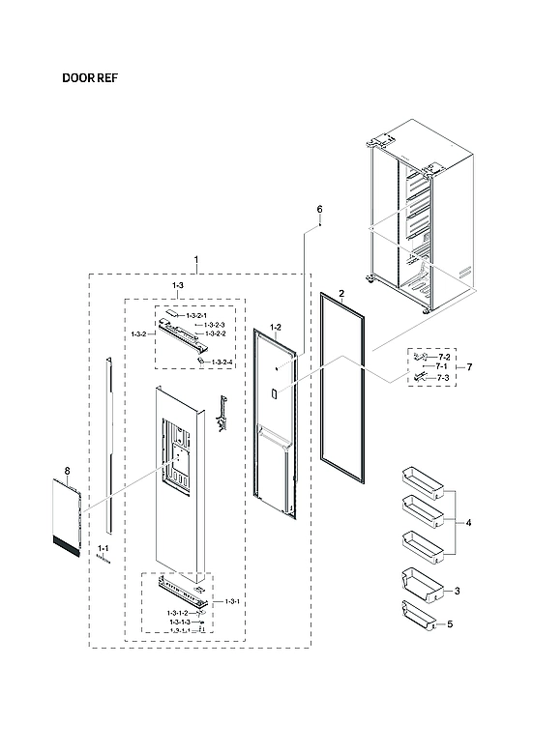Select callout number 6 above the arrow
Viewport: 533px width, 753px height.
click(319, 210)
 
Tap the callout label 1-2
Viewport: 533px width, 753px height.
click(275, 328)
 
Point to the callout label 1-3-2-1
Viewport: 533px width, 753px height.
click(196, 315)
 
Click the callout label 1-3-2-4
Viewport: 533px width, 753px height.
click(222, 362)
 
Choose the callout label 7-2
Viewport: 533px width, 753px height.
click(443, 357)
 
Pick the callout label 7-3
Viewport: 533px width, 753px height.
click(443, 377)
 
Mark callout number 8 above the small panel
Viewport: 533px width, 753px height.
click(68, 471)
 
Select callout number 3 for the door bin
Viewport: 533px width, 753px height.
click(457, 591)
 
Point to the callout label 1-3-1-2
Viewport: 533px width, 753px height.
click(177, 613)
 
